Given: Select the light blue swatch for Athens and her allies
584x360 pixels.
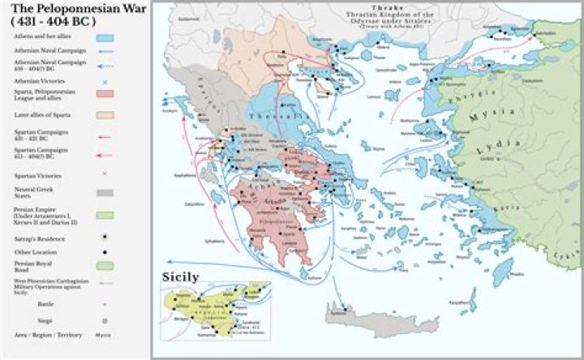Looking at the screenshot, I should click(105, 38).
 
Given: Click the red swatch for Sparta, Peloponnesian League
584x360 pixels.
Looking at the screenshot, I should click(105, 95).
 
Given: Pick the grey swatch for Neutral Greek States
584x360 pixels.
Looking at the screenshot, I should click(105, 193).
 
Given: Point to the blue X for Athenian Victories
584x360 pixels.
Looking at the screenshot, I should click(105, 82).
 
